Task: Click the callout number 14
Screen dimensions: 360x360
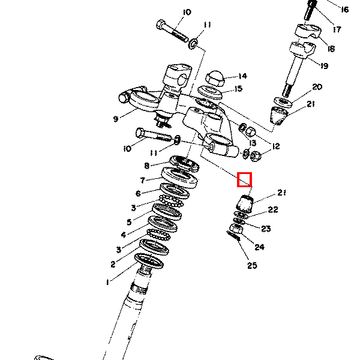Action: click(x=242, y=76)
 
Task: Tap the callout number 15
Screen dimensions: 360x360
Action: click(x=239, y=89)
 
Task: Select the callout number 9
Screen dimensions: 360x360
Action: click(x=116, y=119)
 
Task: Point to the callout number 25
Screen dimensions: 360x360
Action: click(x=252, y=265)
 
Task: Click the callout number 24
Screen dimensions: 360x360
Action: click(x=260, y=247)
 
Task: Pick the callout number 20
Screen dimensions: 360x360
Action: click(x=317, y=87)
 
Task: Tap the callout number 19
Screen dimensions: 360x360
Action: click(x=324, y=66)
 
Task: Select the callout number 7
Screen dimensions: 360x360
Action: click(x=143, y=180)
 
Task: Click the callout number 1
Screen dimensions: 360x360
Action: click(x=107, y=282)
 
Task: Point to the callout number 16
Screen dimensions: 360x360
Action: click(x=345, y=10)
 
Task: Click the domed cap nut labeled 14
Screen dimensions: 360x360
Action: click(x=215, y=78)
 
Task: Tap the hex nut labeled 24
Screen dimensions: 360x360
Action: click(x=236, y=230)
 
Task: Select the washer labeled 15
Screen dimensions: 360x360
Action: click(x=210, y=92)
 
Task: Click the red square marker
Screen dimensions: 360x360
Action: click(x=245, y=179)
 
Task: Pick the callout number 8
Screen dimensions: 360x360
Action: click(x=147, y=166)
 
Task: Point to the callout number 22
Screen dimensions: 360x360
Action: click(x=273, y=209)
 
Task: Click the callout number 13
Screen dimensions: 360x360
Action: click(x=253, y=143)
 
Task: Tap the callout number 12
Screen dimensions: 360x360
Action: click(x=276, y=146)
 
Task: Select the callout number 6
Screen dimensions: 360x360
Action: click(x=138, y=194)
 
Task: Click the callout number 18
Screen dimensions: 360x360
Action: click(x=331, y=49)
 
